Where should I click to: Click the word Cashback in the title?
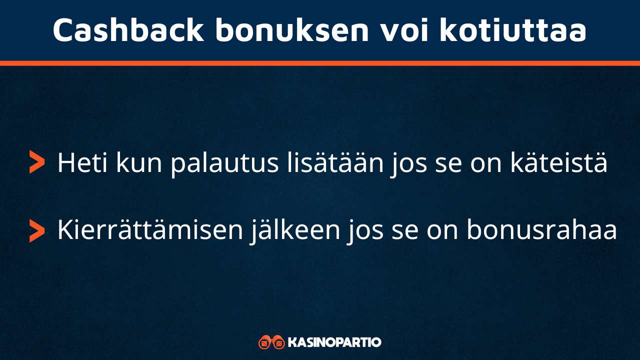128,30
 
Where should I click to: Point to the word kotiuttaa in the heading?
513,30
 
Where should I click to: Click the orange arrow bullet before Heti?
36,162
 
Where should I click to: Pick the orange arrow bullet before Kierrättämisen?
36,230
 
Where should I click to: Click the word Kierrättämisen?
152,230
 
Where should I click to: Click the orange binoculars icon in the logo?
271,342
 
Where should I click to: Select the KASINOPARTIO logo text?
334,342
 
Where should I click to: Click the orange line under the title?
320,63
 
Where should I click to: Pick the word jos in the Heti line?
407,162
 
